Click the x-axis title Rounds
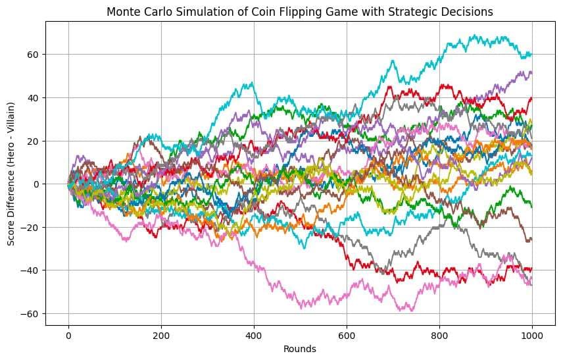pyautogui.click(x=300, y=349)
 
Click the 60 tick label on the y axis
pyautogui.click(x=34, y=55)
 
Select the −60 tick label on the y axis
pyautogui.click(x=30, y=314)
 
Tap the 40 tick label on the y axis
pyautogui.click(x=34, y=97)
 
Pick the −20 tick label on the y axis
pyautogui.click(x=30, y=228)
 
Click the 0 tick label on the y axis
pyautogui.click(x=37, y=184)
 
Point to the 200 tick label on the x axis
pyautogui.click(x=161, y=336)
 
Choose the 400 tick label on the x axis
pyautogui.click(x=254, y=336)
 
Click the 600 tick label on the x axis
pyautogui.click(x=347, y=336)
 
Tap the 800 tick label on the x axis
pyautogui.click(x=439, y=336)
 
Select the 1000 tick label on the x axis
pyautogui.click(x=532, y=336)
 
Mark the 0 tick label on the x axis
pyautogui.click(x=68, y=336)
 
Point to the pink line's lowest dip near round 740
pyautogui.click(x=412, y=311)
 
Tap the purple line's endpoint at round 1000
pyautogui.click(x=532, y=72)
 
